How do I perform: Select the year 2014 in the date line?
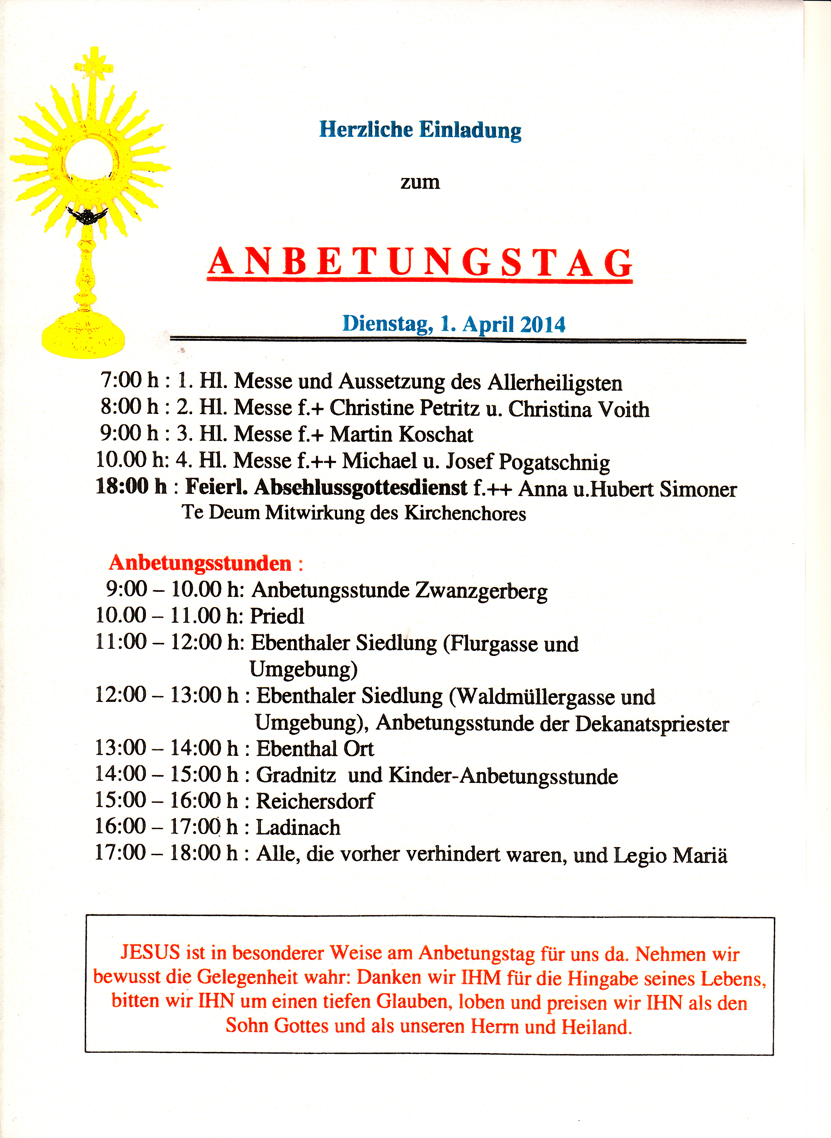pos(543,324)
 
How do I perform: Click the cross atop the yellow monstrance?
pos(93,65)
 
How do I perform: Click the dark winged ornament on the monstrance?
pos(88,216)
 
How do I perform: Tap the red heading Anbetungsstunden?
pos(200,563)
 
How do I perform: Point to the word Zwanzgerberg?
pos(481,591)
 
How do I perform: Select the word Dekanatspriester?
pos(652,724)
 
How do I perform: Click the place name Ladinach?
pos(298,827)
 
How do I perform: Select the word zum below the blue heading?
pos(420,182)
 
